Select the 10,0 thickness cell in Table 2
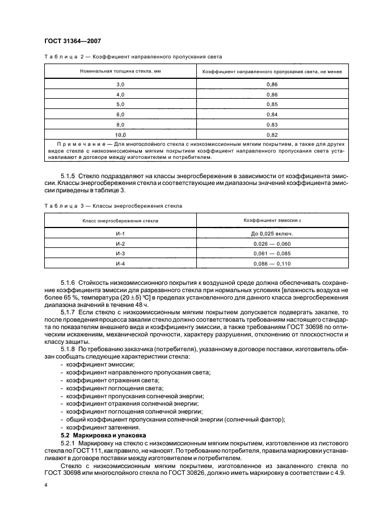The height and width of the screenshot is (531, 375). tap(120, 135)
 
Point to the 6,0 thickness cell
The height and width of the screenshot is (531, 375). tap(120, 115)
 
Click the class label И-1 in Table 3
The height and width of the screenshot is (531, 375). tap(120, 234)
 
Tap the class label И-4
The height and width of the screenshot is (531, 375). tap(120, 264)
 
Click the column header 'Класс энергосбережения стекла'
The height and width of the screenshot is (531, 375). tap(120, 220)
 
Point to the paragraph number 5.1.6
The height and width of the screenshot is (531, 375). tap(68, 282)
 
